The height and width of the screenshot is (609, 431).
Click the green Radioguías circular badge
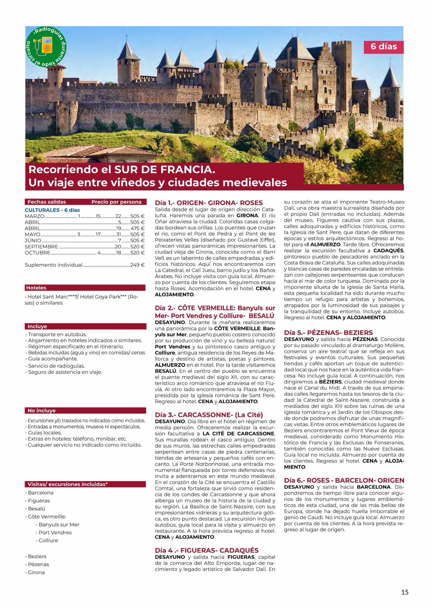(46, 47)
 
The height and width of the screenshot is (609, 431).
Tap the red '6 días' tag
(383, 47)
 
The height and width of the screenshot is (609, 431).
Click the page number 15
(405, 592)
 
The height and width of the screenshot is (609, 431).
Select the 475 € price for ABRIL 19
(137, 228)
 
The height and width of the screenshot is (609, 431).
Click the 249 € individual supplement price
(137, 265)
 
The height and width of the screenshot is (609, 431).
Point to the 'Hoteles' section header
(36, 288)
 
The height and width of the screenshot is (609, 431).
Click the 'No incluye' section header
(42, 410)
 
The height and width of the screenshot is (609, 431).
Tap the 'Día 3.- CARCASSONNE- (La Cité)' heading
(209, 415)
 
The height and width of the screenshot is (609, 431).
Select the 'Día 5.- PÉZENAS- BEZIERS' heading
(328, 332)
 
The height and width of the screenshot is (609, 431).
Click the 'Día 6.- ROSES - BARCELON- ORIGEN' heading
(344, 480)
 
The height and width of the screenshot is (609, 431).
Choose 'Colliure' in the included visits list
(48, 540)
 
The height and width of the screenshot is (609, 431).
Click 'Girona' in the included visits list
(36, 572)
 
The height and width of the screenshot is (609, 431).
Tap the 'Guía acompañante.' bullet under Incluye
(53, 359)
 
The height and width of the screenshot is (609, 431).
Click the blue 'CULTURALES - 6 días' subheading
(52, 210)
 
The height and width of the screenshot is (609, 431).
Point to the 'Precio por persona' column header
(116, 202)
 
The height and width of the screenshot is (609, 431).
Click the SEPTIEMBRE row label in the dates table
(42, 246)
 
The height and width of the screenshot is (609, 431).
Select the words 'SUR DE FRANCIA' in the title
(165, 169)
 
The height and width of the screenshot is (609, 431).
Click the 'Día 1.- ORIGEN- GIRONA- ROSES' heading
(209, 203)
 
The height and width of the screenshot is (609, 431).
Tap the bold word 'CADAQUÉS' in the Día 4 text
(388, 251)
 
